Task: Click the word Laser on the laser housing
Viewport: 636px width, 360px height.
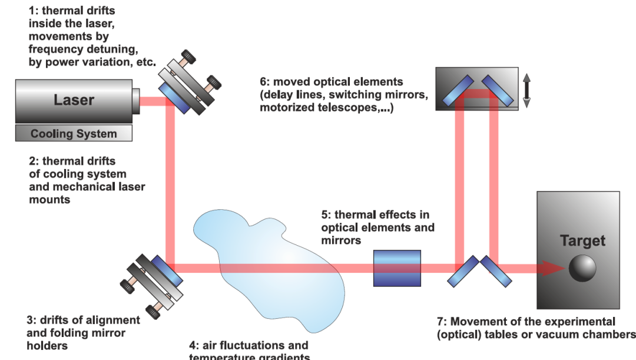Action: click(74, 100)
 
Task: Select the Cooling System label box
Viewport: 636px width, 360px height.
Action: click(74, 134)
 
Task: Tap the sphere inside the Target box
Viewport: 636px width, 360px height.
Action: click(582, 269)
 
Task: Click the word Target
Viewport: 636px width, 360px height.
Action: click(582, 241)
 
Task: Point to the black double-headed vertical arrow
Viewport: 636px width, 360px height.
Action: click(526, 90)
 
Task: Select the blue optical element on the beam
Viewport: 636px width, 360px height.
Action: click(397, 269)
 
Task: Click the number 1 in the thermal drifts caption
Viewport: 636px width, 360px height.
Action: click(32, 10)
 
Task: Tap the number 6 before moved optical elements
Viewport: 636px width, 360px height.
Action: click(263, 82)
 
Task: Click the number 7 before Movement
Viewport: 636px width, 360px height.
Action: click(439, 322)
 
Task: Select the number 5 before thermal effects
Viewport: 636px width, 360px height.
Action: click(324, 215)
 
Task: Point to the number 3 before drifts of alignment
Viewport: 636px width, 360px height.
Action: click(30, 321)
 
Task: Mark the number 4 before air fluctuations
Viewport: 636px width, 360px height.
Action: click(192, 345)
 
